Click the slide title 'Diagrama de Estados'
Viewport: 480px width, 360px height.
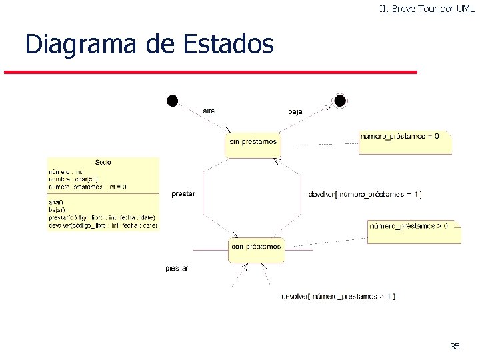click(x=149, y=45)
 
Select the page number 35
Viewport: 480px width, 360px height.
click(x=455, y=346)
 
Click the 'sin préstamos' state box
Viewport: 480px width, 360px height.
click(x=253, y=143)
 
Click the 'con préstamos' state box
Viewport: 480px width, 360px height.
click(x=257, y=248)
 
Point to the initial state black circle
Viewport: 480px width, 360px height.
click(x=172, y=101)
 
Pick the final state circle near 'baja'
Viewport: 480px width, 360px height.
click(x=340, y=101)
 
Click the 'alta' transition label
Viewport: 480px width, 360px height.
click(x=208, y=111)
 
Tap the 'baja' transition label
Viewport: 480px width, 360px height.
click(x=295, y=111)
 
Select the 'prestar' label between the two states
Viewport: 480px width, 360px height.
click(x=183, y=194)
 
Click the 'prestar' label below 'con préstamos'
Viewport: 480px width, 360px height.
click(x=177, y=268)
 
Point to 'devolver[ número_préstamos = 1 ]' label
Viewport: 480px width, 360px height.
click(x=365, y=195)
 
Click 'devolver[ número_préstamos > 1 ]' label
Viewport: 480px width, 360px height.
click(x=339, y=296)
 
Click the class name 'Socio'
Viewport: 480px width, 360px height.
click(x=103, y=162)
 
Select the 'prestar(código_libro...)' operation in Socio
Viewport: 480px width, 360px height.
click(x=102, y=218)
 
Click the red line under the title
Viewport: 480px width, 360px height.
click(x=211, y=72)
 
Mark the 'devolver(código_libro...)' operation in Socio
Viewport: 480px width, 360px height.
click(x=102, y=225)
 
